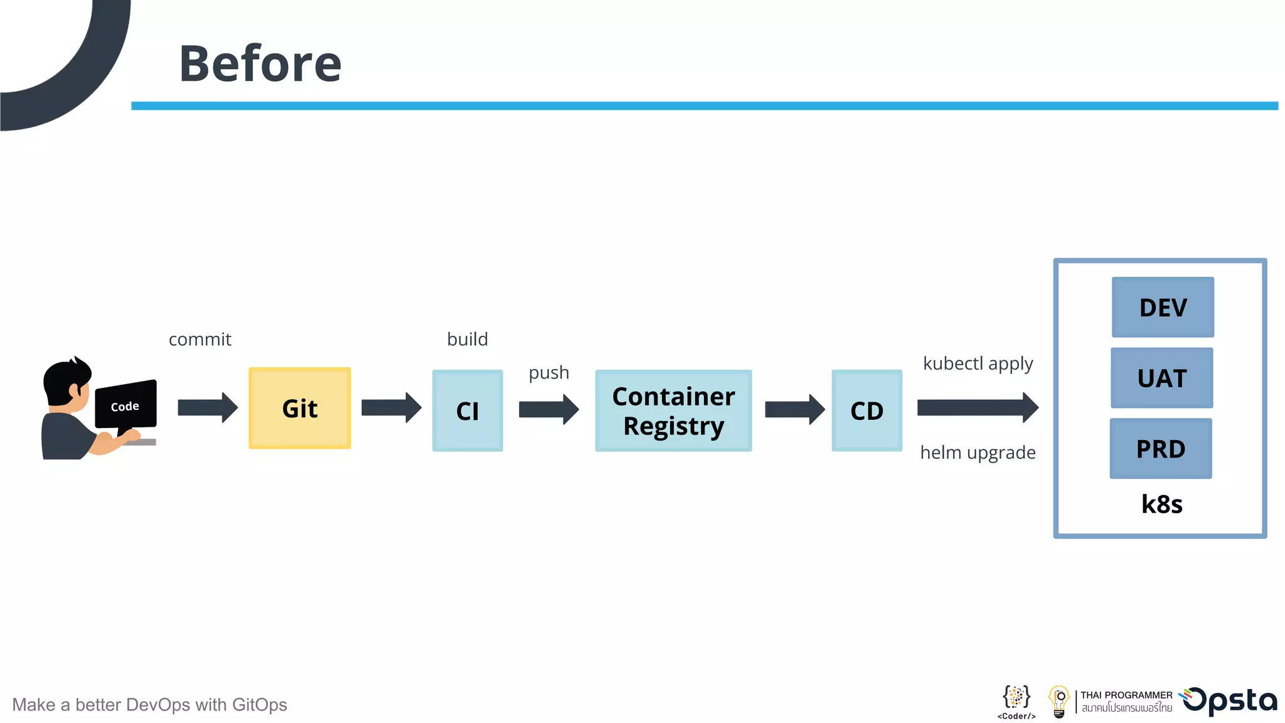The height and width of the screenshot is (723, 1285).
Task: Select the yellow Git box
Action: [x=300, y=408]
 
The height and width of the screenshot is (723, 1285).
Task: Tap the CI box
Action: [x=467, y=410]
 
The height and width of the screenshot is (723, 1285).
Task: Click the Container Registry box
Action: [x=673, y=410]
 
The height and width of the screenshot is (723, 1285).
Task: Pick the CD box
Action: [x=866, y=410]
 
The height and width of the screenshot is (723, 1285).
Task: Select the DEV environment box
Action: [x=1163, y=307]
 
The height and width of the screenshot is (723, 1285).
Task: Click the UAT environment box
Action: [x=1161, y=378]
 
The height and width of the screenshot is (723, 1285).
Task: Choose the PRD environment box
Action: [x=1161, y=448]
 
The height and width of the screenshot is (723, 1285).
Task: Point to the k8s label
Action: [x=1161, y=504]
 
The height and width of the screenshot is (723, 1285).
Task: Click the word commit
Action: [x=200, y=340]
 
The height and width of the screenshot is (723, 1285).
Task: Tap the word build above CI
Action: [x=467, y=340]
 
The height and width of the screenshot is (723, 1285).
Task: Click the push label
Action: [x=549, y=373]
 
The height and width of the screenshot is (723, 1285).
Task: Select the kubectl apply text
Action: [x=978, y=363]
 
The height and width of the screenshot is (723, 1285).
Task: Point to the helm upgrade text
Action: [x=978, y=453]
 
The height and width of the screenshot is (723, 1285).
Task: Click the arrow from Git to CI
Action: [x=391, y=408]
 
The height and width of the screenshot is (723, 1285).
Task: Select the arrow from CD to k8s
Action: [x=977, y=408]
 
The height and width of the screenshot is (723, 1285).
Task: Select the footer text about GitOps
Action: [x=149, y=705]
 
